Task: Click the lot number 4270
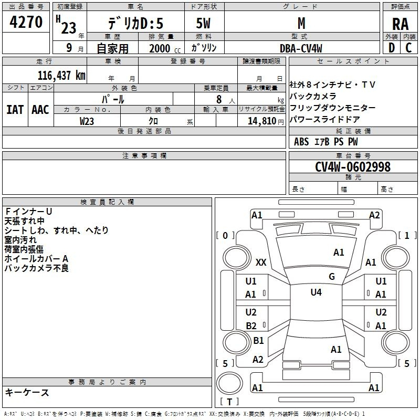point(26,22)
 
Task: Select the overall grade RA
point(400,24)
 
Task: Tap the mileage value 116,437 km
point(61,76)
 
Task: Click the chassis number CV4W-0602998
point(353,166)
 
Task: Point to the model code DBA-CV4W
point(301,48)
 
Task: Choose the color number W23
point(87,121)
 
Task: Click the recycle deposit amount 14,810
point(261,121)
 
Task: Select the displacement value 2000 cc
point(165,48)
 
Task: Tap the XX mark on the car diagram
point(261,262)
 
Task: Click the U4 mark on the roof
point(316,292)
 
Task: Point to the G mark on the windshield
point(332,277)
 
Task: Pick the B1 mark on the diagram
point(258,340)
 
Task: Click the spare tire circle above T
point(229,383)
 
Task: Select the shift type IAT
point(15,110)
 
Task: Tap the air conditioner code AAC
point(40,110)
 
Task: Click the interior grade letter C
point(408,48)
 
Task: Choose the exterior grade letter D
point(392,48)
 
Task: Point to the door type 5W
point(203,23)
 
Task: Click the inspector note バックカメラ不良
point(37,268)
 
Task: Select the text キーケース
point(27,393)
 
